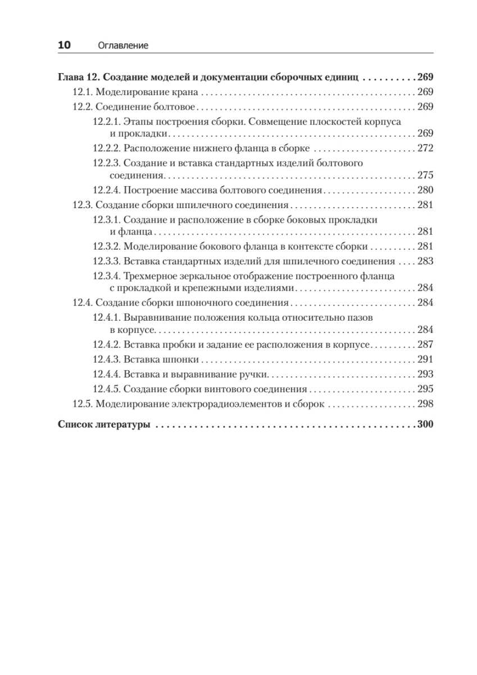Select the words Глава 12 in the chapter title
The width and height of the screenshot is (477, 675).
coord(79,78)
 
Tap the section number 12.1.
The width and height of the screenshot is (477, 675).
coord(83,92)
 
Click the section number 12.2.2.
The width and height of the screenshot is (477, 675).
coord(107,148)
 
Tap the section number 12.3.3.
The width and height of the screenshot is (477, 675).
coord(107,261)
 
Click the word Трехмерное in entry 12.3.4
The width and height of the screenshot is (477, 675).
coord(148,276)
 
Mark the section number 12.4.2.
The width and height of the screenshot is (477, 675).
coord(107,344)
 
